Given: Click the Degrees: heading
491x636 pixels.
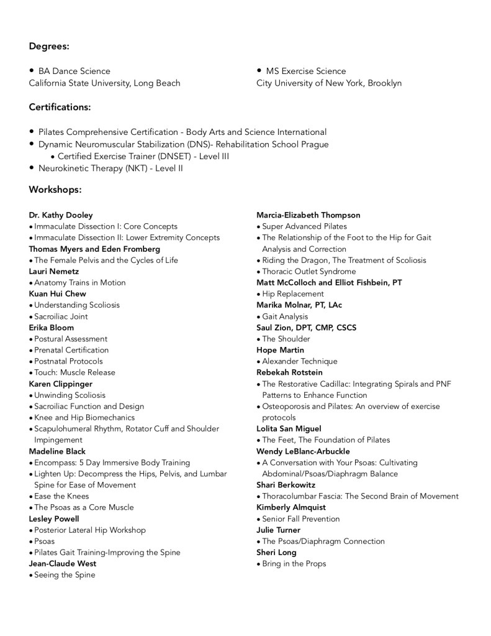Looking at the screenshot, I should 49,46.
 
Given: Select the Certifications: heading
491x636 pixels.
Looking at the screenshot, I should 60,107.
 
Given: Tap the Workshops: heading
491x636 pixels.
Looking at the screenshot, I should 55,189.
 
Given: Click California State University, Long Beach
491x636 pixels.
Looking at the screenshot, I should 104,83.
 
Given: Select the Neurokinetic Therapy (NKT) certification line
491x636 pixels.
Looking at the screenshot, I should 110,168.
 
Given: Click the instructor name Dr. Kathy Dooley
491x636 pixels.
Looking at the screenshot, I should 61,215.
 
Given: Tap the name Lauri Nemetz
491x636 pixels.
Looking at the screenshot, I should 54,271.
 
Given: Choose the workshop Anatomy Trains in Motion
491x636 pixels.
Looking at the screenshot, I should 79,282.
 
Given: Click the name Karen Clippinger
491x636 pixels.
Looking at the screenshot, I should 61,384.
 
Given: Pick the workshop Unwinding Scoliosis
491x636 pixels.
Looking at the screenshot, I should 70,395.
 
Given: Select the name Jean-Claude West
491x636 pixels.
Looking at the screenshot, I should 63,563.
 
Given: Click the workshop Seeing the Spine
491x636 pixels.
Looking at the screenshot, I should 65,574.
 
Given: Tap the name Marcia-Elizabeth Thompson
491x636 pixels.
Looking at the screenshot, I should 308,215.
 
